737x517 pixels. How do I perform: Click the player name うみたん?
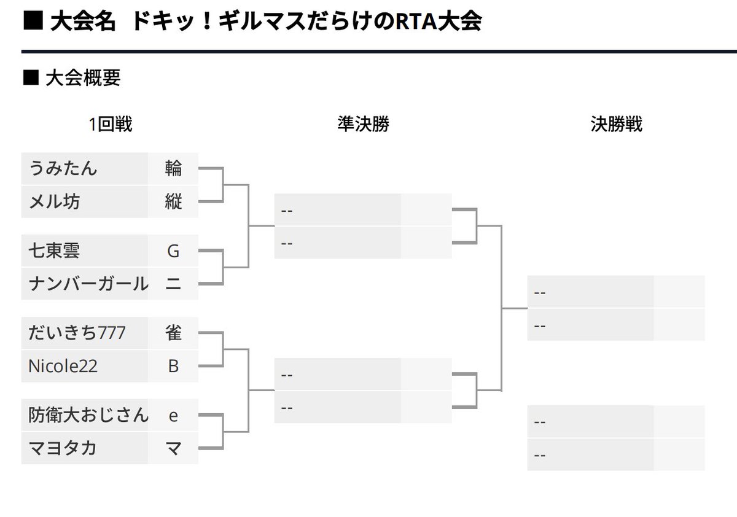tap(63, 168)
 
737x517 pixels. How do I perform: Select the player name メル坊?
tap(54, 201)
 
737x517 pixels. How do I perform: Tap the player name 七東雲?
tap(54, 251)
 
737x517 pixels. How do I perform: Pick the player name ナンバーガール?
tap(88, 284)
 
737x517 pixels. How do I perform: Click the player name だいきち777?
tap(77, 333)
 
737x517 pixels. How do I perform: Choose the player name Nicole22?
tap(63, 366)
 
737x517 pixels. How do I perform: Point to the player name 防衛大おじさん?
tap(88, 415)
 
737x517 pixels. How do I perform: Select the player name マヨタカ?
tap(63, 448)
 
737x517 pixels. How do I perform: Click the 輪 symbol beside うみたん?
tap(173, 168)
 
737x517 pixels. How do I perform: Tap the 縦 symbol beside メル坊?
tap(173, 201)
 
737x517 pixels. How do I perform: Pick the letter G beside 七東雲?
tap(173, 251)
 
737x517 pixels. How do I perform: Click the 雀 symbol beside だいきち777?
tap(173, 333)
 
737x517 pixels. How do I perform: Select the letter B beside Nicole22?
tap(173, 366)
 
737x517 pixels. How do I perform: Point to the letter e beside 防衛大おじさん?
tap(173, 415)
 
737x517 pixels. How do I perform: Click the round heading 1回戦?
tap(111, 125)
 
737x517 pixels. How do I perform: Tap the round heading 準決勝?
tap(363, 125)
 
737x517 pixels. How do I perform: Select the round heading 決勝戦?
tap(616, 125)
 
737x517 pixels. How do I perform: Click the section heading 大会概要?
tap(83, 78)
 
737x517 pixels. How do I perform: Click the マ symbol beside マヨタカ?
tap(173, 448)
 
